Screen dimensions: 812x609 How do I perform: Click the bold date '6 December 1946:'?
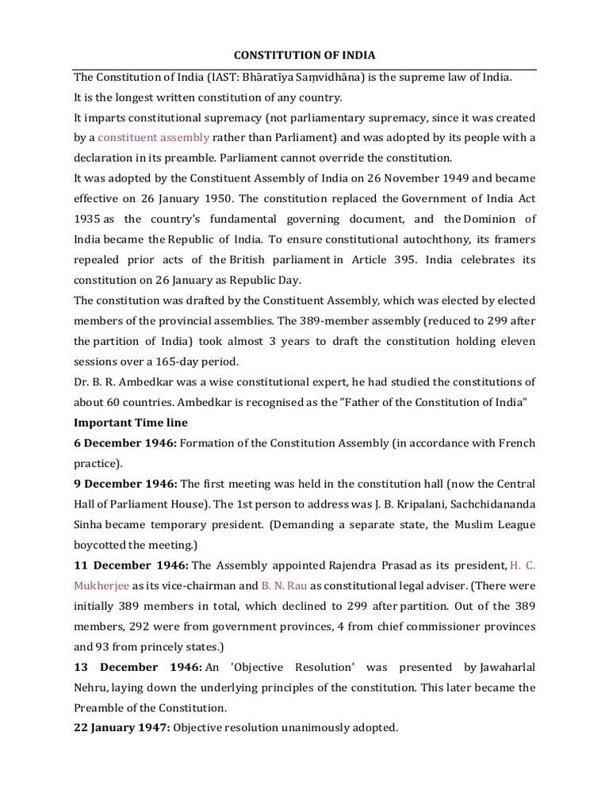124,442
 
